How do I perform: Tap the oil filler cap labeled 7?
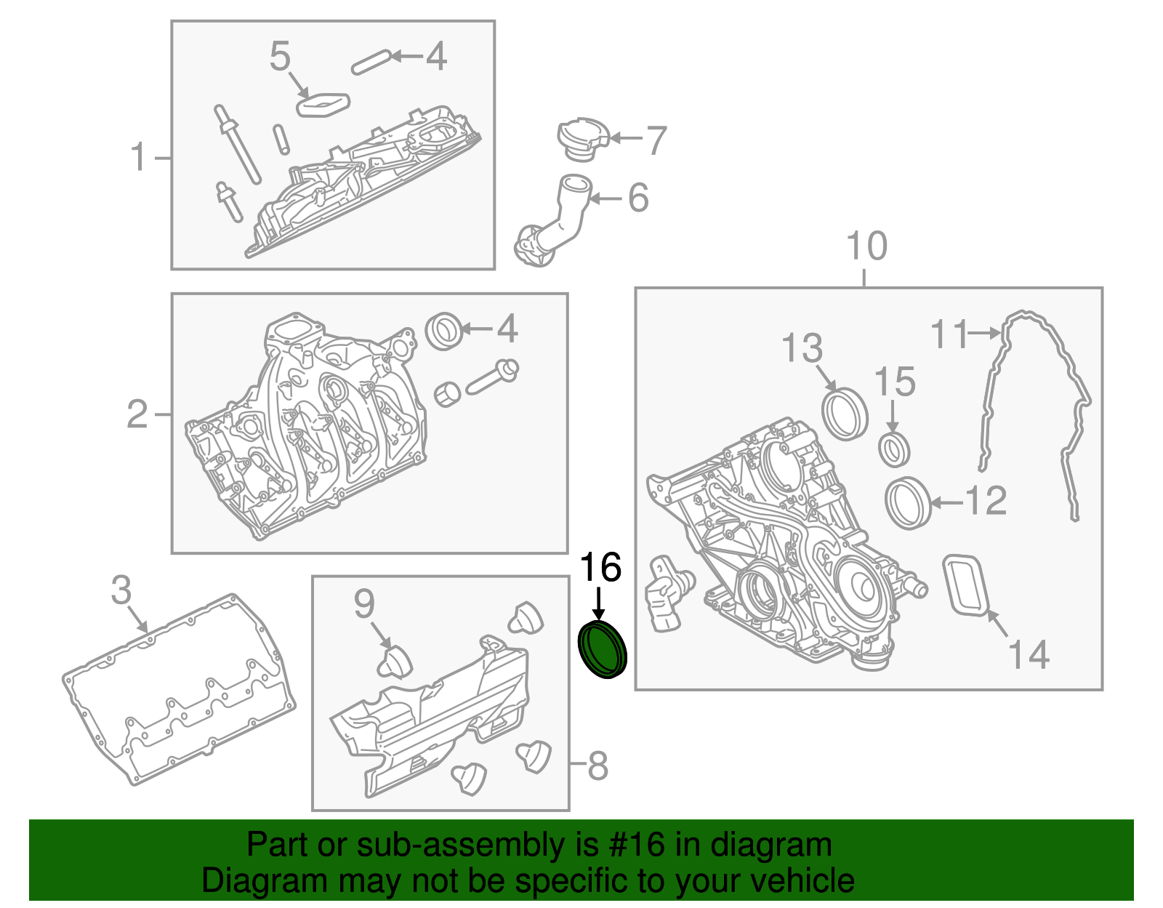pos(582,139)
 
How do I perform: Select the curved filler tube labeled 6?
pos(551,225)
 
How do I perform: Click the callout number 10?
pos(866,246)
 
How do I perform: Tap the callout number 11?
pos(950,334)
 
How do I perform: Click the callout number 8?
pos(597,766)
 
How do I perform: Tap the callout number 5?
pos(280,56)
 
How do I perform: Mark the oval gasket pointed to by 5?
pos(323,105)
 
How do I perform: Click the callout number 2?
pos(137,414)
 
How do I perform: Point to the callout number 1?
pos(138,157)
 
